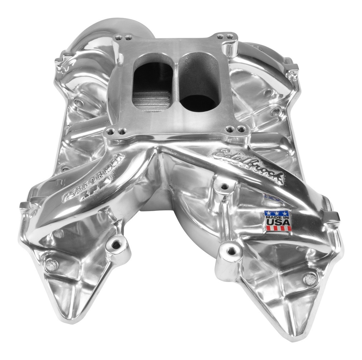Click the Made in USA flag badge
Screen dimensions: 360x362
coord(278,221)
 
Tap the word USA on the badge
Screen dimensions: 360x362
coord(278,222)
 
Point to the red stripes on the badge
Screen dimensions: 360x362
coord(278,228)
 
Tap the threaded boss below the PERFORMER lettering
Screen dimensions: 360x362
coord(115,244)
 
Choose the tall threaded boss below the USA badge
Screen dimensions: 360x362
coord(231,252)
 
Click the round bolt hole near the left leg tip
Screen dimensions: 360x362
coord(51,265)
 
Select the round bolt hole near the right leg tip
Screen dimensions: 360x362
coord(310,279)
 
